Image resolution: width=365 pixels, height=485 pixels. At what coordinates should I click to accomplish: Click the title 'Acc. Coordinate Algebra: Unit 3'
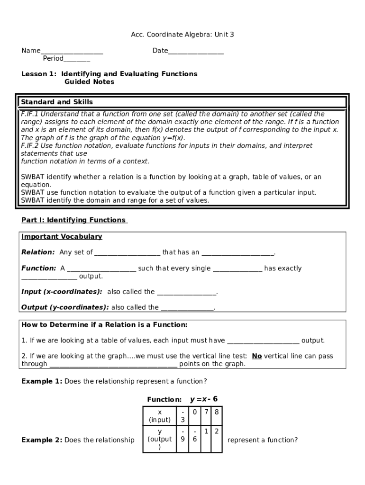tap(182, 35)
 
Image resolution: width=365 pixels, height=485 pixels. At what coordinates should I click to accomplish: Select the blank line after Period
tap(77, 59)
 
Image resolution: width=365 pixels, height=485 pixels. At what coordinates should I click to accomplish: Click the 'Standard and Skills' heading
tap(57, 102)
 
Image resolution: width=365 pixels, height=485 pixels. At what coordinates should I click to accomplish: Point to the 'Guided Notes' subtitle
tap(89, 82)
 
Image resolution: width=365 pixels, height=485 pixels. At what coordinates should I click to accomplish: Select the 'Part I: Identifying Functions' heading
tap(74, 220)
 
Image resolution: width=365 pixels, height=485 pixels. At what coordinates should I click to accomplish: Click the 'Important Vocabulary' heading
tap(62, 236)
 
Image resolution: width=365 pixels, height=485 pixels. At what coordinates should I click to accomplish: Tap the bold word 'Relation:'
tap(38, 252)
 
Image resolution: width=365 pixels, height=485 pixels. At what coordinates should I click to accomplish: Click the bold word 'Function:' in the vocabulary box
tap(39, 268)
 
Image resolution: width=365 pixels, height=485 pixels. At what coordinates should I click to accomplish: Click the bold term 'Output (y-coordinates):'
tap(65, 307)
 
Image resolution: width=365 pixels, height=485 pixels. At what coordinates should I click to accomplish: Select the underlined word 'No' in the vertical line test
tap(256, 356)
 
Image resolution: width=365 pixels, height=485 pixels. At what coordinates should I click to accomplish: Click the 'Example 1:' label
tap(42, 381)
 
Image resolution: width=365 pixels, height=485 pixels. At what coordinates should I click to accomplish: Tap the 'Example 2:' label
tap(42, 440)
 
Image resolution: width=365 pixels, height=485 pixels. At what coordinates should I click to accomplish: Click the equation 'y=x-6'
tap(204, 399)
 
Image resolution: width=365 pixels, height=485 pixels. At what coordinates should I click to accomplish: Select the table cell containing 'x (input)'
tap(159, 416)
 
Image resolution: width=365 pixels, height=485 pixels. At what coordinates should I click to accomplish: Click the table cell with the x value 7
tap(206, 412)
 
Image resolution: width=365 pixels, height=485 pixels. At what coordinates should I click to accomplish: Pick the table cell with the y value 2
tap(216, 431)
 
